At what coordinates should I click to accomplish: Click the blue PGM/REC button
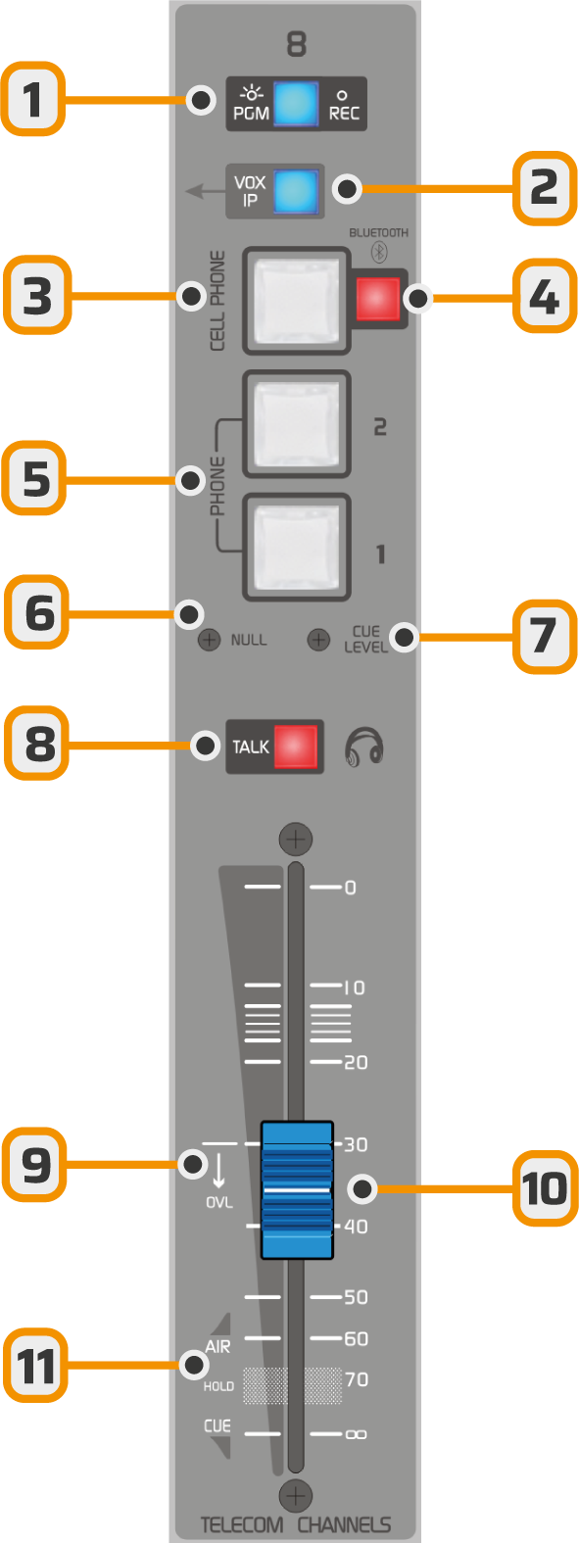point(296,104)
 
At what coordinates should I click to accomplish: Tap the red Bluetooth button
point(378,299)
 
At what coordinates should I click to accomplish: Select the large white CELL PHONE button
point(296,301)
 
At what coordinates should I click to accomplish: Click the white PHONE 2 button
point(296,424)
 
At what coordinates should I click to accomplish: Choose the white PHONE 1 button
point(296,547)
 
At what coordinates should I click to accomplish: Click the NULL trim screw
point(209,640)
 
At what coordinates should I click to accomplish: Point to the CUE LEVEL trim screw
point(318,640)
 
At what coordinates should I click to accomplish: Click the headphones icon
point(363,747)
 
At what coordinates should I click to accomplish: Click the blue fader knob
point(297,1190)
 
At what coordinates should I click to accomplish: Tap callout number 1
point(33,99)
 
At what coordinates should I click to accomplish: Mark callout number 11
point(35,1366)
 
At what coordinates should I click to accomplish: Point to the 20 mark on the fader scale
point(356,1062)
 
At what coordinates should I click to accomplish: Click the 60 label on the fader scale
point(356,1338)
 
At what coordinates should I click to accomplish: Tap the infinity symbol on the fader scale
point(356,1435)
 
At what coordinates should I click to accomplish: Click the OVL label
point(218,1203)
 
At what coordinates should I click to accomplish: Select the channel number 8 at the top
point(296,45)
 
